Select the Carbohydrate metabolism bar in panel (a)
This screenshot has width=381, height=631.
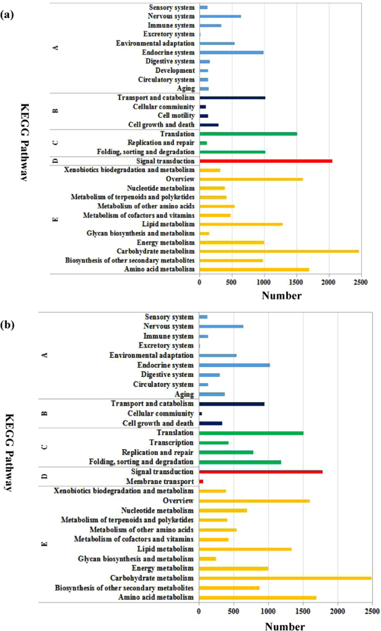click(279, 251)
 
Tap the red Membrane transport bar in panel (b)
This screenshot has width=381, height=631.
click(201, 481)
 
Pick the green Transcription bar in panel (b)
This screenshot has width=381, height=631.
click(214, 443)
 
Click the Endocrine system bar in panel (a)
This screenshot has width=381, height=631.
click(231, 52)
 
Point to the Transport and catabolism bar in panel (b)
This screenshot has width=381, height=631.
click(231, 404)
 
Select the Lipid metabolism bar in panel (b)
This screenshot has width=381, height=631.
click(245, 549)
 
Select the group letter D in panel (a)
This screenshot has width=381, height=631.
click(55, 161)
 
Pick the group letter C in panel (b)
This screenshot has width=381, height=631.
click(55, 448)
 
